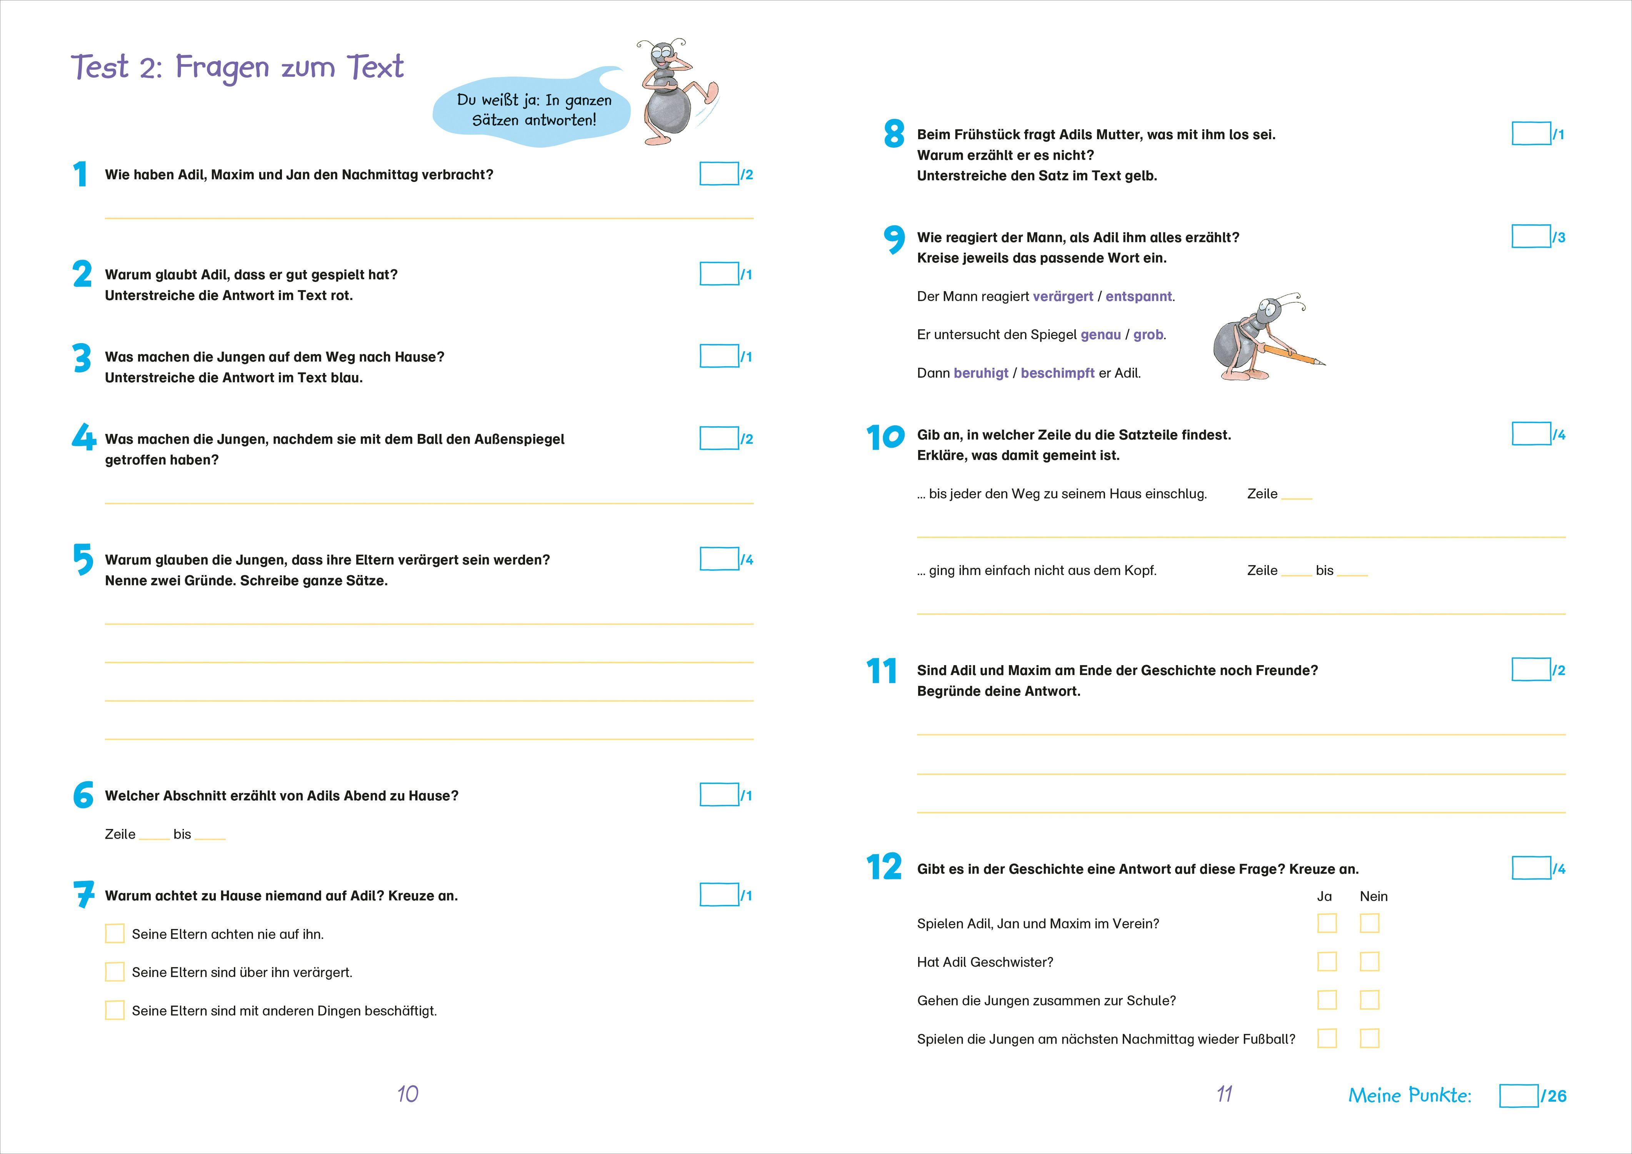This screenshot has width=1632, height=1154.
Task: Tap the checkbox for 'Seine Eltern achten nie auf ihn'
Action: pyautogui.click(x=115, y=934)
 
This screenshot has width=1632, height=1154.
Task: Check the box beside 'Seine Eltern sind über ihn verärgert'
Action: pyautogui.click(x=115, y=972)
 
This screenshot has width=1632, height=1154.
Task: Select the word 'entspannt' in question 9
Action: pyautogui.click(x=1138, y=297)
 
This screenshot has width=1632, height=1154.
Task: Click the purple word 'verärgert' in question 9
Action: pyautogui.click(x=1063, y=297)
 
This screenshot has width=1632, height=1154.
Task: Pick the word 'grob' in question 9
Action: pyautogui.click(x=1148, y=335)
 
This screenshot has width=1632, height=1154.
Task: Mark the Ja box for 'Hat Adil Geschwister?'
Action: pyautogui.click(x=1326, y=962)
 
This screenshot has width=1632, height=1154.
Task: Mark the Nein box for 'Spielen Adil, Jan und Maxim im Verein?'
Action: pyautogui.click(x=1369, y=924)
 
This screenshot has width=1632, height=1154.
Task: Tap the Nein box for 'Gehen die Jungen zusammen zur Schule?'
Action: pyautogui.click(x=1369, y=1001)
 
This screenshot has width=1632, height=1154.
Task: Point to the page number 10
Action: pyautogui.click(x=407, y=1094)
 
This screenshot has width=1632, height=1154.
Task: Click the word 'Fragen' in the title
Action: pyautogui.click(x=222, y=68)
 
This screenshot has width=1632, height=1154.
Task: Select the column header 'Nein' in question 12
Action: pyautogui.click(x=1373, y=897)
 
